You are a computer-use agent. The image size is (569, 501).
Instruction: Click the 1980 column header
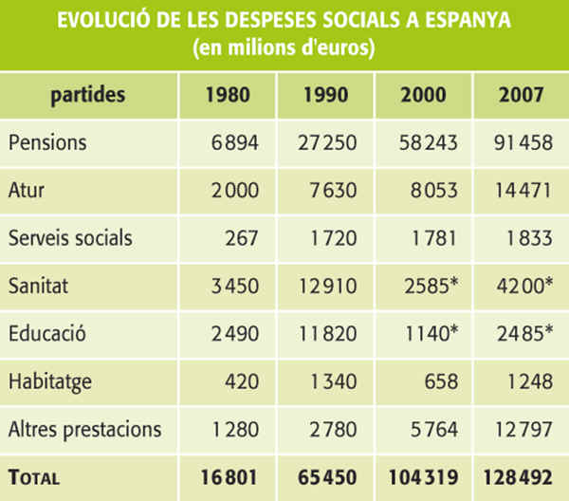(x=227, y=95)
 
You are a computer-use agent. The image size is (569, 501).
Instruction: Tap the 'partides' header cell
(x=88, y=95)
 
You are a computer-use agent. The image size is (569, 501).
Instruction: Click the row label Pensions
(x=47, y=143)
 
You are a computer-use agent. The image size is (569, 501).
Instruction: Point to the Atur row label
(x=28, y=191)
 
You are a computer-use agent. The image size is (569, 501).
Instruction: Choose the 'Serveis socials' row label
(x=71, y=238)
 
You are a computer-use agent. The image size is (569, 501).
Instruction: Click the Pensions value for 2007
(x=520, y=143)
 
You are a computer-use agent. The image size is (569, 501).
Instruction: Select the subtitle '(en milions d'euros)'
(x=284, y=48)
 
